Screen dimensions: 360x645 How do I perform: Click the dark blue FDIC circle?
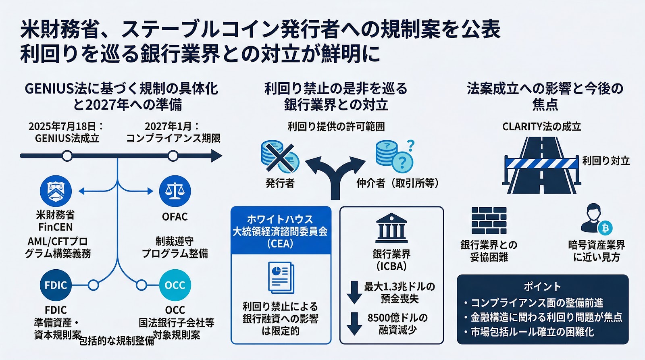pyautogui.click(x=56, y=285)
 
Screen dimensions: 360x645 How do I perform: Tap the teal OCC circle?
pyautogui.click(x=175, y=285)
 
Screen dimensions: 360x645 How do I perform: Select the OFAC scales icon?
pyautogui.click(x=175, y=191)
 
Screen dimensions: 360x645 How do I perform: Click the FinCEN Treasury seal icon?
pyautogui.click(x=56, y=191)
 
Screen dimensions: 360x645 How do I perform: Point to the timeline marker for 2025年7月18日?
pyautogui.click(x=67, y=156)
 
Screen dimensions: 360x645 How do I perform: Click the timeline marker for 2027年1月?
pyautogui.click(x=173, y=156)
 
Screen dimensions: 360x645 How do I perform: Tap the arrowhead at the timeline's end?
pyautogui.click(x=216, y=156)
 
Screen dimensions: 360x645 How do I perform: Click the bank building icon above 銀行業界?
pyautogui.click(x=391, y=228)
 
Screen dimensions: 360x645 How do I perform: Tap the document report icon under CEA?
pyautogui.click(x=281, y=277)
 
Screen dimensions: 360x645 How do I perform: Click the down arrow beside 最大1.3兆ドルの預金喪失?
pyautogui.click(x=354, y=292)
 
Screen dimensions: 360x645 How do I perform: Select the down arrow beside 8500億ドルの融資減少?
pyautogui.click(x=354, y=323)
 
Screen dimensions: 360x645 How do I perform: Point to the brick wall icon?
pyautogui.click(x=489, y=221)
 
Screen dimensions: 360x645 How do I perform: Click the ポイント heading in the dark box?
pyautogui.click(x=542, y=287)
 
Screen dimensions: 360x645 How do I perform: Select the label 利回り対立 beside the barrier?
pyautogui.click(x=605, y=161)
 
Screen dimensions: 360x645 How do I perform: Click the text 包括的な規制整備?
pyautogui.click(x=117, y=341)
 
